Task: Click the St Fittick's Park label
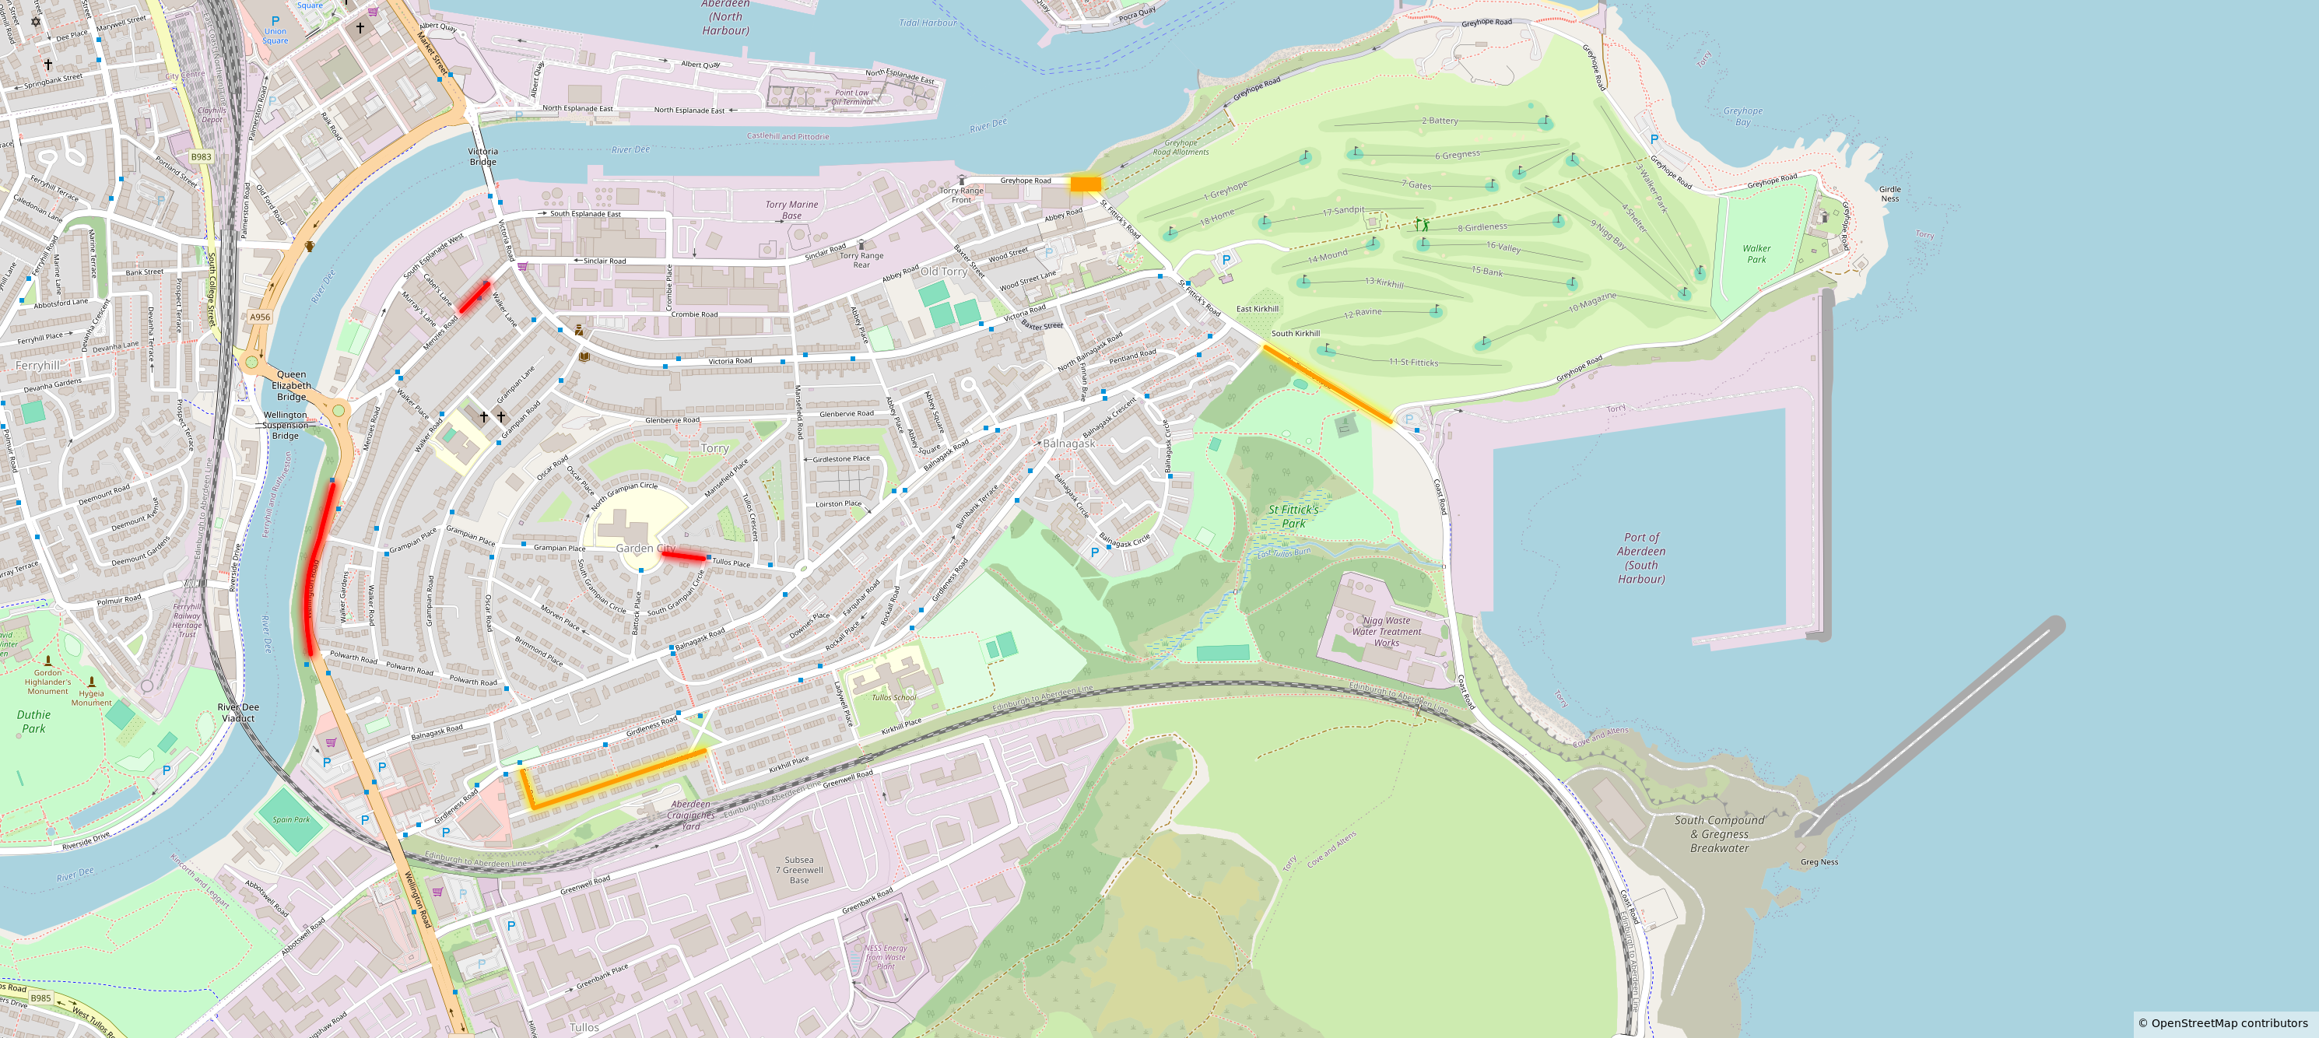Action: (x=1293, y=516)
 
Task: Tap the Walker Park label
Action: (x=1756, y=254)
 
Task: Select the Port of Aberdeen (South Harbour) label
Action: (x=1641, y=558)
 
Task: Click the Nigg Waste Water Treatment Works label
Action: (x=1387, y=631)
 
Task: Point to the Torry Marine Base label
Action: (x=791, y=210)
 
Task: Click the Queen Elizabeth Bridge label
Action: (x=291, y=385)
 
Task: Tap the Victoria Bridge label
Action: (x=482, y=156)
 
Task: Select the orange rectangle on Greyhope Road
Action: (x=1085, y=184)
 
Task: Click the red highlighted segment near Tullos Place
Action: (x=683, y=556)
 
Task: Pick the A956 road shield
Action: (x=259, y=317)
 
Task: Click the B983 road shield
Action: (x=201, y=156)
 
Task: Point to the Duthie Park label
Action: (x=33, y=721)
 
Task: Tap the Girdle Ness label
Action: (x=1889, y=194)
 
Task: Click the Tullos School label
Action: (x=893, y=697)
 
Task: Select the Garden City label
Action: (x=644, y=549)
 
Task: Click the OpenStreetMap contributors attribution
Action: (x=2223, y=1022)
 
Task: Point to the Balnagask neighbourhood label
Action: (x=1068, y=443)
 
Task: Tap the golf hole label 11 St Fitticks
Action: (x=1413, y=362)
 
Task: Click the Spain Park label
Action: (x=291, y=819)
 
